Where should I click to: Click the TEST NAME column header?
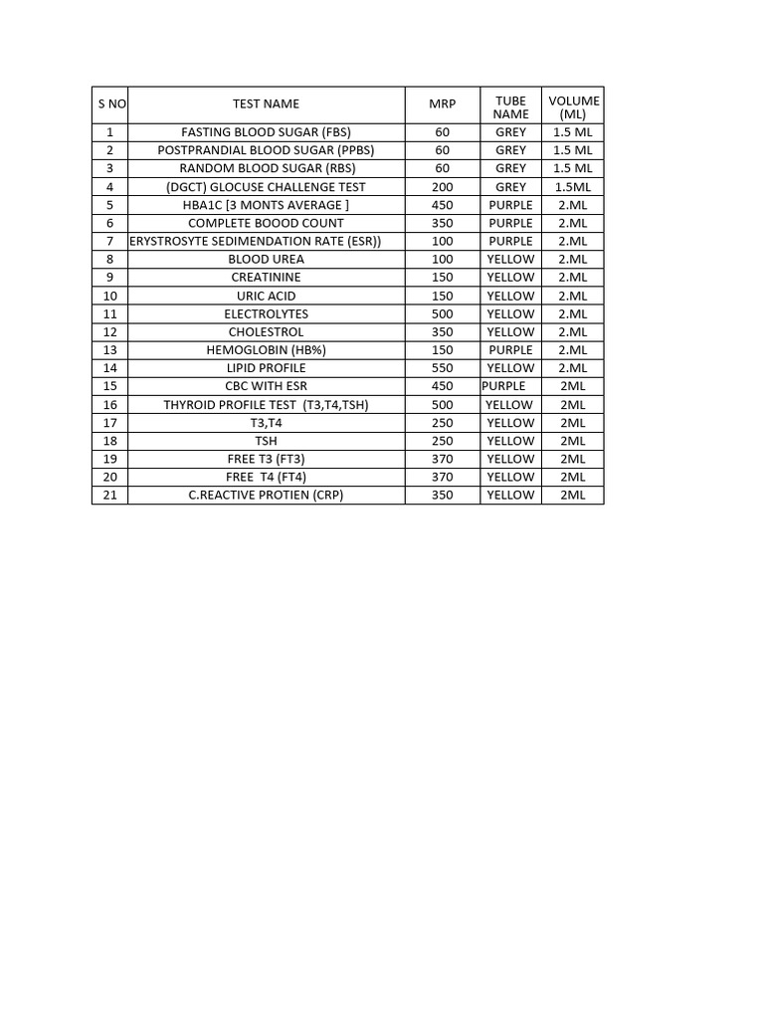266,103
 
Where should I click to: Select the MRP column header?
442,103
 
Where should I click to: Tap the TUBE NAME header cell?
510,107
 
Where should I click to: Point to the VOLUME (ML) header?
573,107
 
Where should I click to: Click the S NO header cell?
109,103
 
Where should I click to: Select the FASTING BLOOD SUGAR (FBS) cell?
266,132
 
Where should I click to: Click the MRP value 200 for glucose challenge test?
442,187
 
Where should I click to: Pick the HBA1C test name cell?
266,205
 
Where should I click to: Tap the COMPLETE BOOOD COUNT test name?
266,223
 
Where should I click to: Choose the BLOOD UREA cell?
266,259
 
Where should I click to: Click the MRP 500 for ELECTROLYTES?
442,313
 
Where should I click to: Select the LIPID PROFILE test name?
266,368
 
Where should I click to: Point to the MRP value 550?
442,368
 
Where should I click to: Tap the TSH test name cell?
266,441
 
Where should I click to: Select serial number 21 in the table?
109,495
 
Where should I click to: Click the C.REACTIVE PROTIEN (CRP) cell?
266,495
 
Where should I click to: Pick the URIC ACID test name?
266,296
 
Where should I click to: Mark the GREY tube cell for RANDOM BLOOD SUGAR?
510,168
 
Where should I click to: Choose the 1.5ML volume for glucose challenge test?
573,187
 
